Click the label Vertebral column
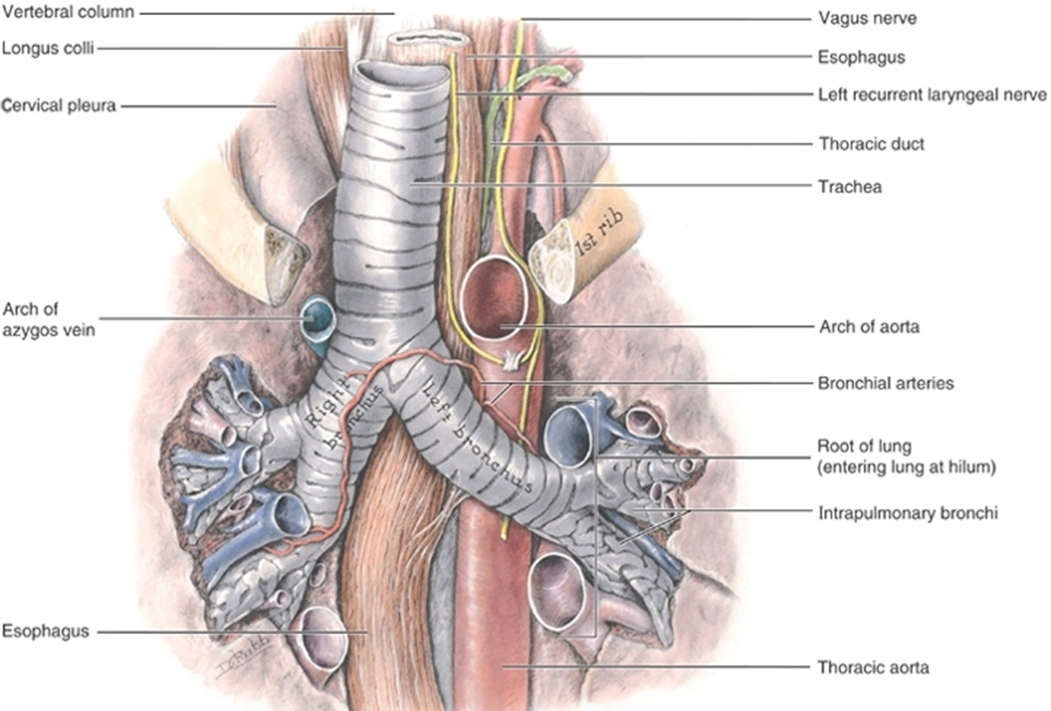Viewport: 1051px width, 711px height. pos(67,12)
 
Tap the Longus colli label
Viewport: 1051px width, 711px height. pos(48,48)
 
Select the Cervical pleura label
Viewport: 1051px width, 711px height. pos(59,105)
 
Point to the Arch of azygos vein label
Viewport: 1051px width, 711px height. pos(49,320)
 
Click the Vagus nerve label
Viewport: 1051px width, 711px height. pos(868,18)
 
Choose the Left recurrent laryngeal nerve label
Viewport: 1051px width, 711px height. pos(932,95)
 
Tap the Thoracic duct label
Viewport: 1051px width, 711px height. pos(871,143)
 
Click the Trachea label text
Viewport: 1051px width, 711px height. pos(850,186)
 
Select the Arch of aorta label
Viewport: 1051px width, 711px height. pos(869,327)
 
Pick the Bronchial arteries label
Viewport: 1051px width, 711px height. pos(885,383)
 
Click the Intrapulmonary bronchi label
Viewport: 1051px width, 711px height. pos(908,514)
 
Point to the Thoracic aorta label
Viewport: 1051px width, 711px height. pos(873,668)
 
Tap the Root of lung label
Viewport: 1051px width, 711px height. pos(864,446)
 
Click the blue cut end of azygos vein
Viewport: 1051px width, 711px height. pos(316,319)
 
